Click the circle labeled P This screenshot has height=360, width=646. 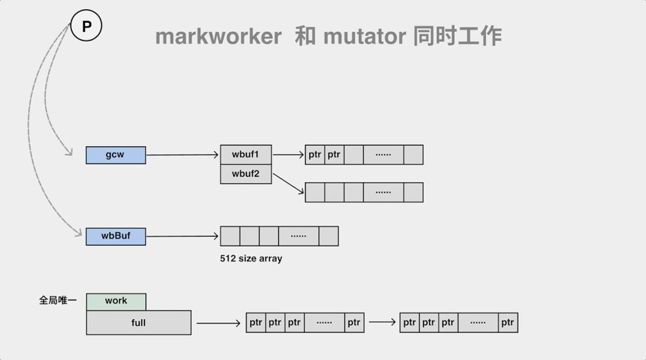click(86, 27)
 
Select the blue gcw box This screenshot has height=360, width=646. click(116, 155)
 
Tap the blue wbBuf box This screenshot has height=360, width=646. click(116, 236)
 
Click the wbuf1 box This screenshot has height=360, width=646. click(246, 155)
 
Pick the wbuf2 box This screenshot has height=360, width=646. click(246, 174)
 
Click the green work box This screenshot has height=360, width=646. click(116, 301)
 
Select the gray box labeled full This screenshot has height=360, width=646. click(138, 323)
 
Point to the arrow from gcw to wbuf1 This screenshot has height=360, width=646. click(183, 155)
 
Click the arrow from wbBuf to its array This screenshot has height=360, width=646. click(183, 236)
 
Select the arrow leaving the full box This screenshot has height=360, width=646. click(219, 323)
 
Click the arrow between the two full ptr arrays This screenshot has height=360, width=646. click(382, 322)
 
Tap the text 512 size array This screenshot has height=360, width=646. click(251, 259)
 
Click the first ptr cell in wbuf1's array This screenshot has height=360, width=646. click(315, 155)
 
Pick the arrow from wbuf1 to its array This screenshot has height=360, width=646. click(288, 155)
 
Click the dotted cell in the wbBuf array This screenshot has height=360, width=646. click(298, 236)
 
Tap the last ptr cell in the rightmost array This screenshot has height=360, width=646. click(508, 322)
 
